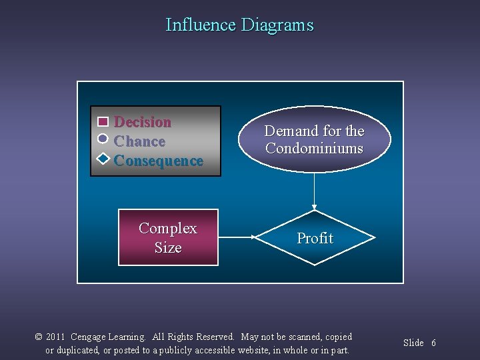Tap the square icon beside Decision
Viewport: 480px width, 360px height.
[103, 122]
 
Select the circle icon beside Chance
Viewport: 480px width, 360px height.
[103, 139]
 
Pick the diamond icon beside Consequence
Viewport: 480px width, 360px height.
[103, 159]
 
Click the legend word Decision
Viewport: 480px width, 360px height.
[143, 122]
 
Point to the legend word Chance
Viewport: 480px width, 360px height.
[139, 141]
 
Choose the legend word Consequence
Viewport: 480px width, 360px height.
[159, 161]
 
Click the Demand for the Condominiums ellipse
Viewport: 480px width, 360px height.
[314, 139]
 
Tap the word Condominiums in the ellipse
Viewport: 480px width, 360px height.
[314, 148]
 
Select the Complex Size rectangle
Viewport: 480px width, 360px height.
[168, 237]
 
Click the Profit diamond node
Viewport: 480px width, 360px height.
[315, 238]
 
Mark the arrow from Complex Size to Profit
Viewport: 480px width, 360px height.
[237, 237]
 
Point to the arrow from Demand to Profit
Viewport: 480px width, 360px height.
[314, 190]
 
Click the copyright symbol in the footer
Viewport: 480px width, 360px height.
[39, 337]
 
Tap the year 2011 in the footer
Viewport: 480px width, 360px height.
[55, 337]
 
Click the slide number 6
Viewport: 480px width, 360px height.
[433, 343]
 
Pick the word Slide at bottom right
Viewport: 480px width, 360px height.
[413, 343]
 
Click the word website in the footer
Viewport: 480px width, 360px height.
[249, 350]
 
